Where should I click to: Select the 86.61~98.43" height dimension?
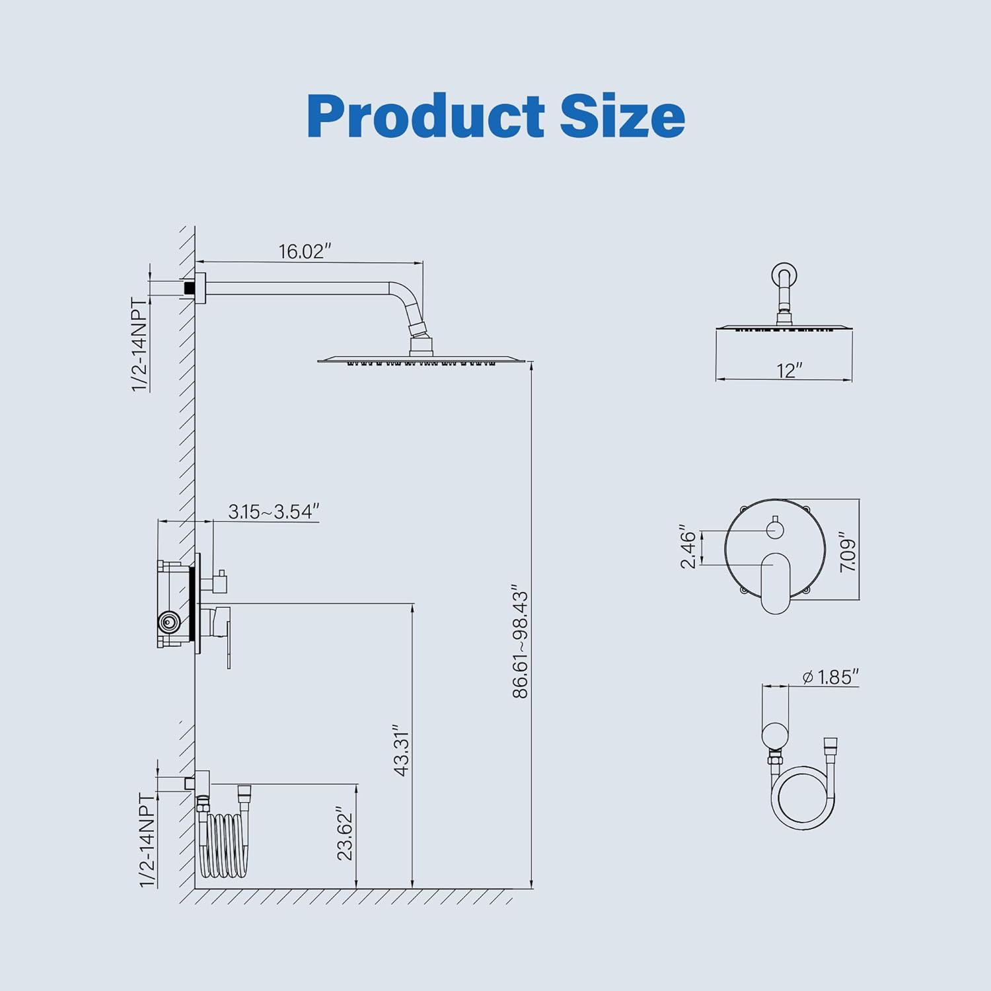point(521,640)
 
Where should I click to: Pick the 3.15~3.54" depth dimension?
point(274,511)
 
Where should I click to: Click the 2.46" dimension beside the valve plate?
point(688,548)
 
